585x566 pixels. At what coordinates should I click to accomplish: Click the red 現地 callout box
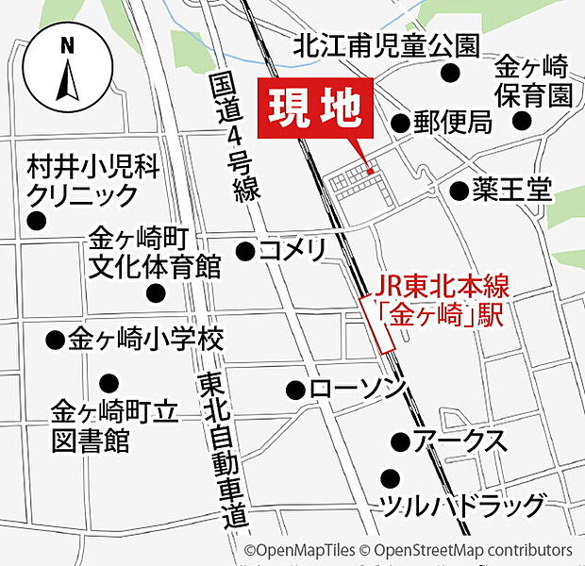pos(315,109)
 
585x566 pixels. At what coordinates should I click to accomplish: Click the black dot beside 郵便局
pos(400,122)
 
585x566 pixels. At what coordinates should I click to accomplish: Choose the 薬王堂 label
pos(513,191)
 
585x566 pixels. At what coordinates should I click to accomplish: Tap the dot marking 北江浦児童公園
pos(451,73)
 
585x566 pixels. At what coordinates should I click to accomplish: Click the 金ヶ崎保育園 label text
pos(534,82)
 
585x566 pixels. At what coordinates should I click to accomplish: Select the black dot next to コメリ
pos(244,251)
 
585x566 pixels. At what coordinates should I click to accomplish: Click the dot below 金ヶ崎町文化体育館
pos(157,292)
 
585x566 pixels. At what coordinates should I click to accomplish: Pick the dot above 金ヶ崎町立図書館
pos(109,382)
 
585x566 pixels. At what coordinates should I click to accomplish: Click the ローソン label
pos(357,388)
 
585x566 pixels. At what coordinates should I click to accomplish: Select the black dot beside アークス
pos(400,441)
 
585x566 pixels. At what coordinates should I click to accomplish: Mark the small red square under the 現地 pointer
pos(372,171)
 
